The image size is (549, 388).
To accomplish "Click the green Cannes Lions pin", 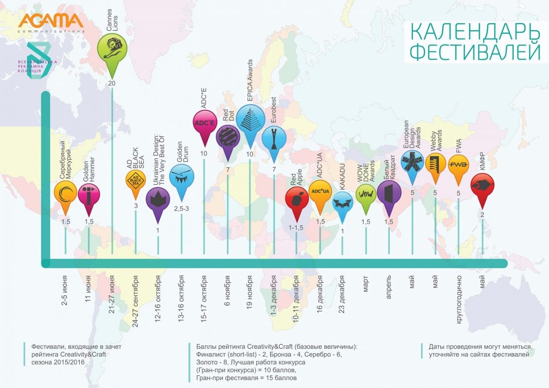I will (x=112, y=50).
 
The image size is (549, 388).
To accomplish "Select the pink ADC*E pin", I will (x=204, y=123).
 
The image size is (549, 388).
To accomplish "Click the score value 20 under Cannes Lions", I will (x=112, y=83).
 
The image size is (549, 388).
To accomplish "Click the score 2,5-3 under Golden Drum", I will (x=181, y=209).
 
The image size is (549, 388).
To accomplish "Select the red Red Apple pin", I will (x=296, y=200).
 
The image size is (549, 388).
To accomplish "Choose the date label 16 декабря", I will (x=320, y=297).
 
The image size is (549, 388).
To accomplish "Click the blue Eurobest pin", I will (x=274, y=137).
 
